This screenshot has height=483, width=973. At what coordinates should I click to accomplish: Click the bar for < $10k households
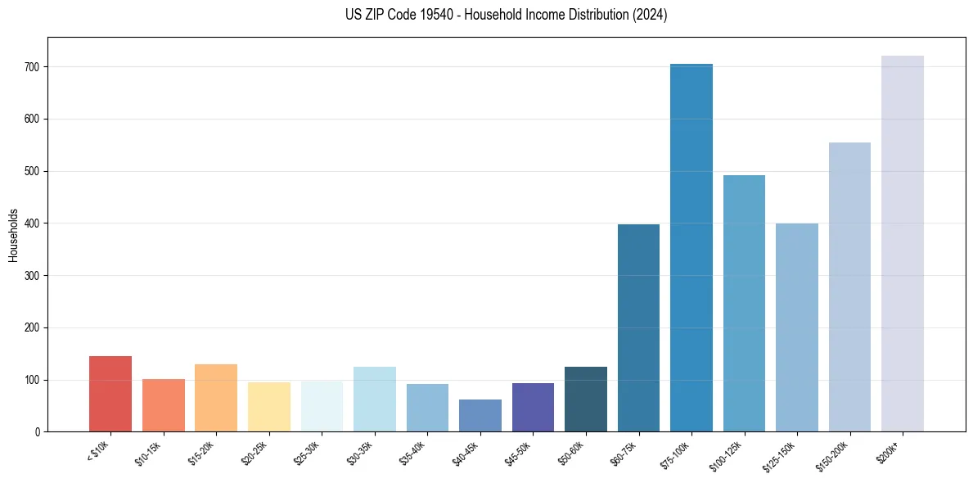coord(110,394)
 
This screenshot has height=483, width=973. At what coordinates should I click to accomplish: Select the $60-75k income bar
coord(638,327)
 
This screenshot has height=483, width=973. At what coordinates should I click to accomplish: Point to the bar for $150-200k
coord(849,287)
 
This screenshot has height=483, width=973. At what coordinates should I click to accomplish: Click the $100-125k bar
coord(744,303)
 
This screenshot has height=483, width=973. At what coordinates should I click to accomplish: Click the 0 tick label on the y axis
coord(38,432)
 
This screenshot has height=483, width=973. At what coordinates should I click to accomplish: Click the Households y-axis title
coord(13,235)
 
